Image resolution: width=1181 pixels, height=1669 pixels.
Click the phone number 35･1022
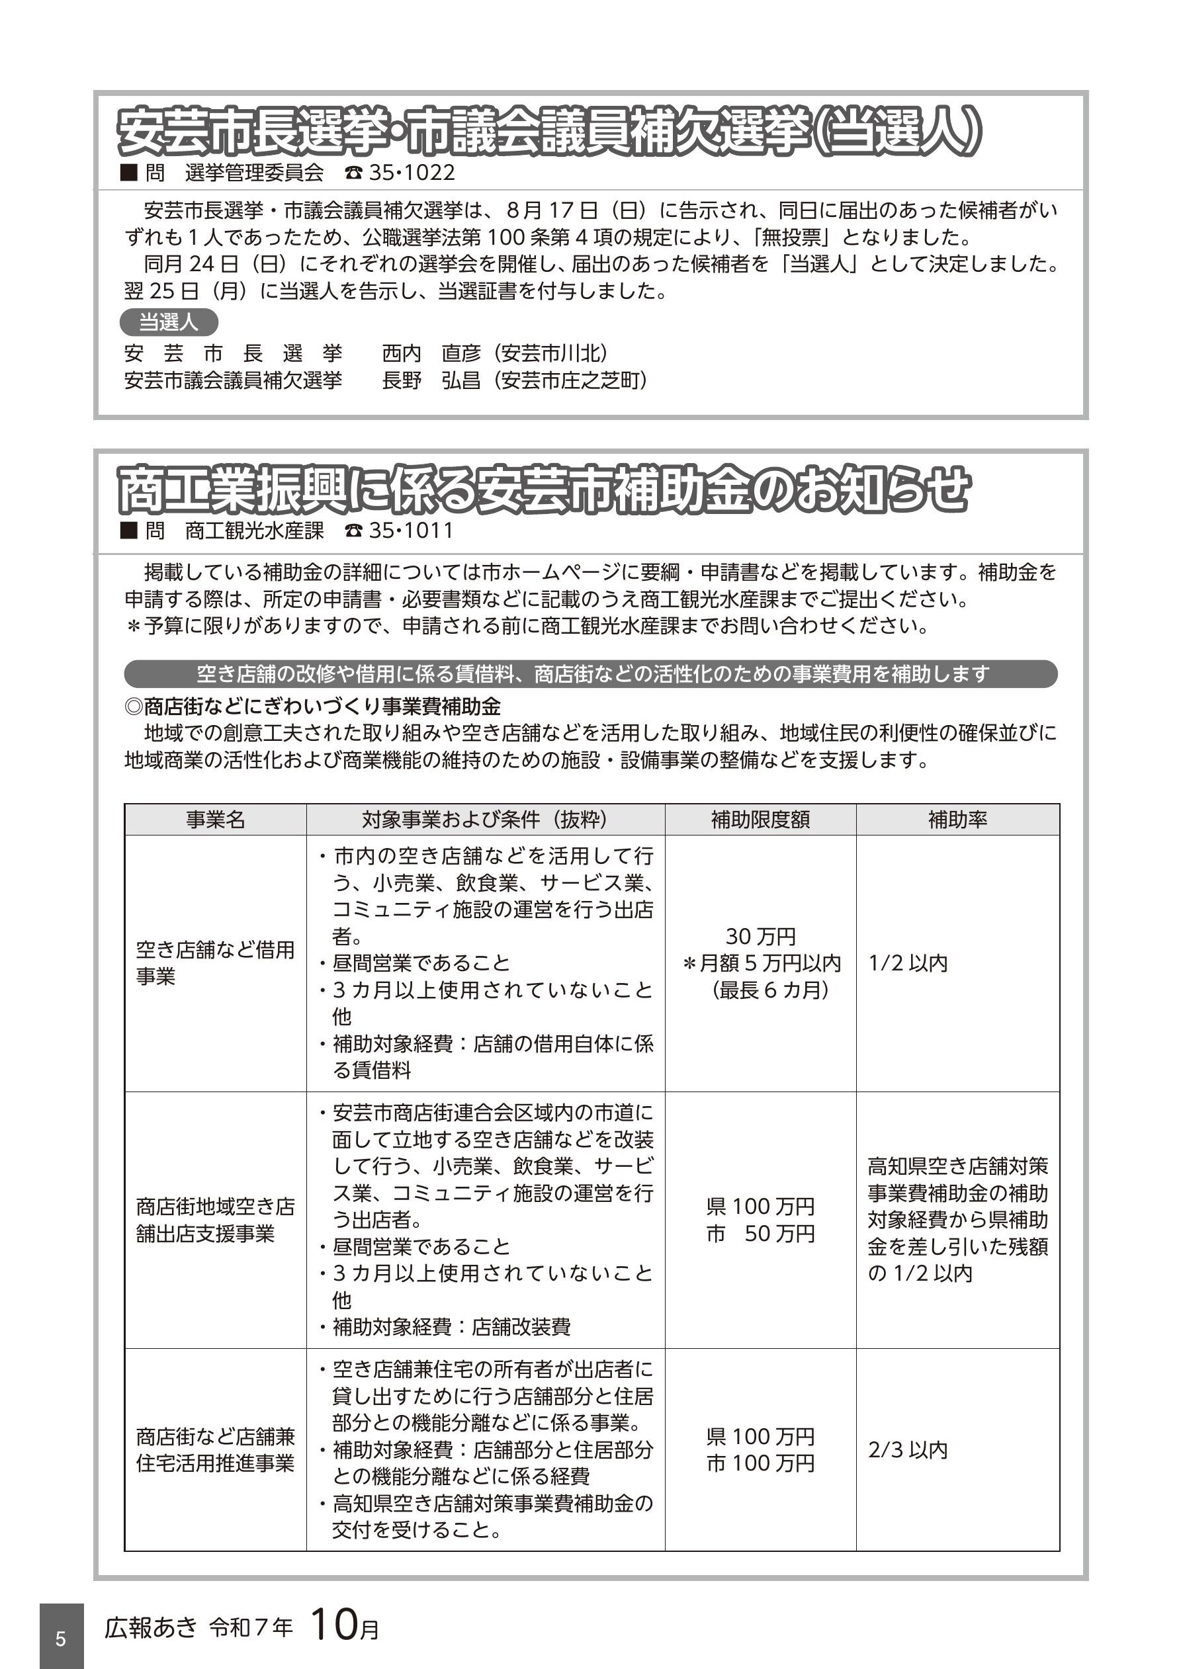pos(412,173)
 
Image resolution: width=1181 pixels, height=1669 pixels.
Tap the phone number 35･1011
pos(411,531)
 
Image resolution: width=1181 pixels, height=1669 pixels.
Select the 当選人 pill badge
pos(169,322)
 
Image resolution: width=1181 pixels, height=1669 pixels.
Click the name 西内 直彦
pos(431,353)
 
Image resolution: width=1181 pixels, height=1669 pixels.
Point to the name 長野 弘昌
pos(431,380)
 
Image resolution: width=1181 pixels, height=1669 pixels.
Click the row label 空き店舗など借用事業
pos(215,963)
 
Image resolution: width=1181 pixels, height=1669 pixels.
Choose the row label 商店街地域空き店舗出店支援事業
pos(215,1220)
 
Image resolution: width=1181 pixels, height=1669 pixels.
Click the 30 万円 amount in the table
pos(761,935)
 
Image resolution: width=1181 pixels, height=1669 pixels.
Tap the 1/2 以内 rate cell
pos(908,963)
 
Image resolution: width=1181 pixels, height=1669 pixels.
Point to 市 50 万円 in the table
pos(761,1234)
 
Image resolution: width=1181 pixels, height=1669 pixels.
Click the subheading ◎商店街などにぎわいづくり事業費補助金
pos(313,706)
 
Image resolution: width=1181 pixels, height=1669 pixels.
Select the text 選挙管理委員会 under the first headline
pos(254,173)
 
